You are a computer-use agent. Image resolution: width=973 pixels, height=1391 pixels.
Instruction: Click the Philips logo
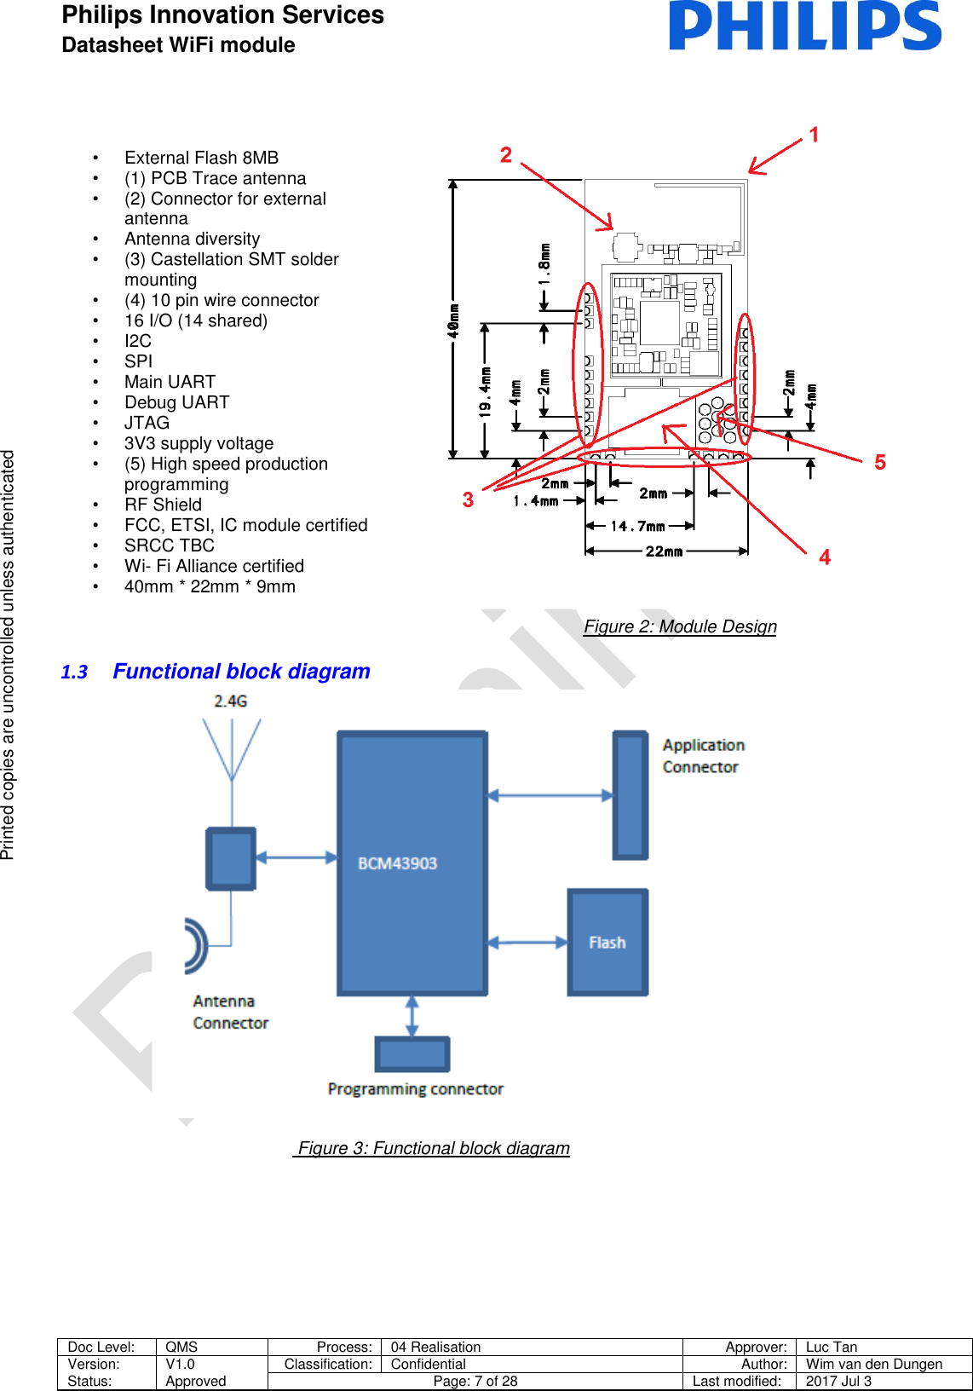(x=804, y=26)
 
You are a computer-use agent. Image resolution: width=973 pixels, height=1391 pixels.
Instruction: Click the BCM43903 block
(x=412, y=863)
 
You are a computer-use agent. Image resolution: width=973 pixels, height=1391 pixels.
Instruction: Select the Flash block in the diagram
(x=607, y=942)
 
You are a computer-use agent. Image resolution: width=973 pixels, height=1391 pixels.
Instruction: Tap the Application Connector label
(x=703, y=756)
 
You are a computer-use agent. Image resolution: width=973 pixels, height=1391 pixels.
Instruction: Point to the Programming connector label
(x=415, y=1089)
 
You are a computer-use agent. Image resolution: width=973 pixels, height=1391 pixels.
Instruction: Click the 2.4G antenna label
(x=230, y=701)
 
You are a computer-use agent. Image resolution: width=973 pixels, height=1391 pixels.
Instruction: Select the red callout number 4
(x=824, y=557)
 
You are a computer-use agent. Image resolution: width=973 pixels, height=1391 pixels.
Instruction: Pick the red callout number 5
(x=880, y=462)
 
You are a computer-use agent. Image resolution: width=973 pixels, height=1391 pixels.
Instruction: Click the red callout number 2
(x=506, y=155)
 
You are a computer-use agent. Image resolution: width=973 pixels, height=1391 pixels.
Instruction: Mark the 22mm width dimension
(x=664, y=551)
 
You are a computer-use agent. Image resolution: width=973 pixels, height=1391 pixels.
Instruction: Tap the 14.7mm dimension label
(x=637, y=526)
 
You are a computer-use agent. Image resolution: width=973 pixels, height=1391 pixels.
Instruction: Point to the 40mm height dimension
(x=454, y=320)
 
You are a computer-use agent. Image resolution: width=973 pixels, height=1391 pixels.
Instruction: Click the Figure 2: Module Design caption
(x=680, y=626)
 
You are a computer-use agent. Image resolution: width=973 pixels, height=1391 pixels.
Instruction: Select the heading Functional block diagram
(x=241, y=672)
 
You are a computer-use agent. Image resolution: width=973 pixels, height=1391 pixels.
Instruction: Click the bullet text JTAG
(x=147, y=423)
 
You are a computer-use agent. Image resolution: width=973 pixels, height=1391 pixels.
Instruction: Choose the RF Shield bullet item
(x=163, y=505)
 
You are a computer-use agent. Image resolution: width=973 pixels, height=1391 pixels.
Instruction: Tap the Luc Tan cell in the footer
(x=832, y=1347)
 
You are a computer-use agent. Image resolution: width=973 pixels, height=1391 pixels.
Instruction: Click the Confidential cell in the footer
(x=428, y=1364)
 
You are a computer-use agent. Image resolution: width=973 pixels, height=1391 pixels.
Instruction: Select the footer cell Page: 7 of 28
(x=475, y=1381)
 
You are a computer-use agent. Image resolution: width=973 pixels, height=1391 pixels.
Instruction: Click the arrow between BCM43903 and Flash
(x=527, y=943)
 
